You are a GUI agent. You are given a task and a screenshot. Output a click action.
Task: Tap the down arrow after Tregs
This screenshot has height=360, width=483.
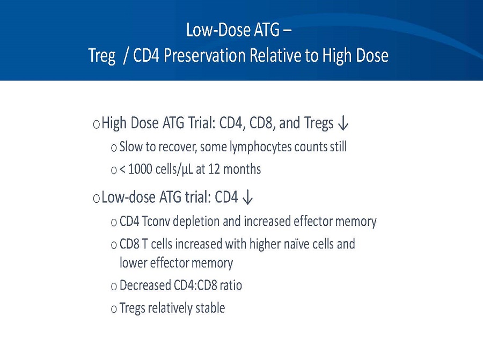344,124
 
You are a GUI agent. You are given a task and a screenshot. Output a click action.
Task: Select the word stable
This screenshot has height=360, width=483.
209,308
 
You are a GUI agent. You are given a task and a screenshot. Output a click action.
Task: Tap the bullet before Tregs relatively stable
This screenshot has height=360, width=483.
113,309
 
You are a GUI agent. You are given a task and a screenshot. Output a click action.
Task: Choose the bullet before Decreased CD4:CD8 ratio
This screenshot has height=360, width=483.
113,286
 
